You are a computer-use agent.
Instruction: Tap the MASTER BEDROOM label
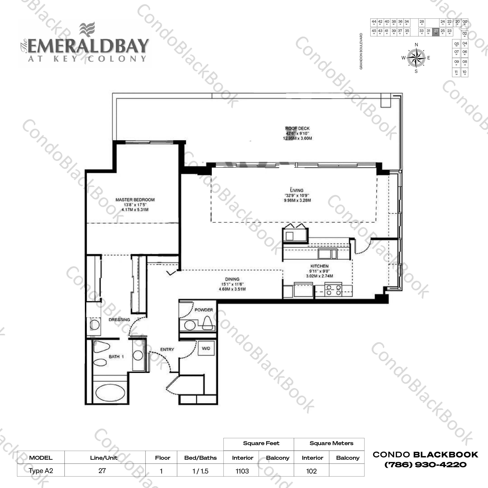tap(135, 200)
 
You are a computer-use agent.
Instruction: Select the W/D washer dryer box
tap(206, 348)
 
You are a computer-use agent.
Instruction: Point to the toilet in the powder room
tap(207, 323)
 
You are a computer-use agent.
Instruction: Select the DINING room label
tap(232, 279)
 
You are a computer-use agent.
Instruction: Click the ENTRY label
tap(167, 349)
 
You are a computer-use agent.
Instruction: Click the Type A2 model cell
tap(41, 471)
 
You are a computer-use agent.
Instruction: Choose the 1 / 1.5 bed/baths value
tap(200, 471)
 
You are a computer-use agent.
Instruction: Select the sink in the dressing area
tap(94, 325)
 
